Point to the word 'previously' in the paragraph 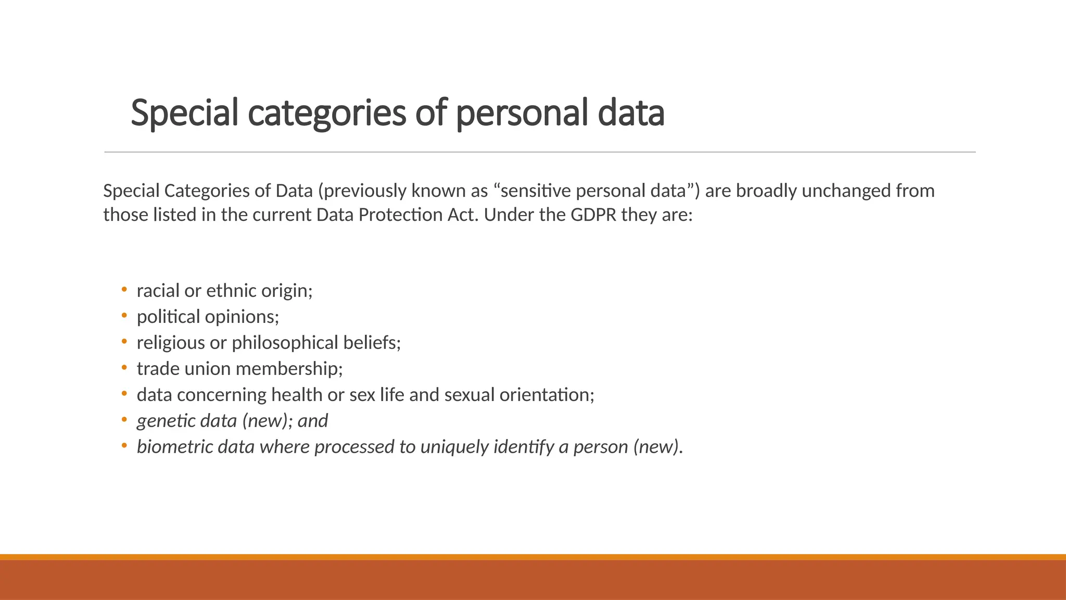tap(362, 191)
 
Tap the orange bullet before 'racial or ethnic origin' tap(124, 289)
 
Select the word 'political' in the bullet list tap(168, 317)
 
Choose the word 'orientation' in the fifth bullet tap(546, 395)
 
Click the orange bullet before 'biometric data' tap(124, 445)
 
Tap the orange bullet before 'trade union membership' tap(124, 367)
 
